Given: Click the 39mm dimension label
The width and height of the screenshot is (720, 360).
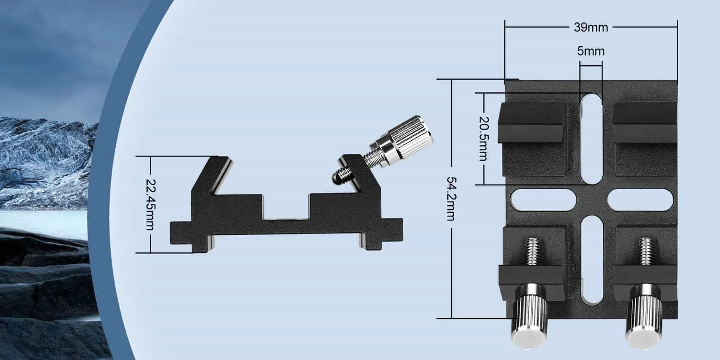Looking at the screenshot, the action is (591, 27).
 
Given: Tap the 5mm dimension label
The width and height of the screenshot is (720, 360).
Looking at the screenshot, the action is (591, 51).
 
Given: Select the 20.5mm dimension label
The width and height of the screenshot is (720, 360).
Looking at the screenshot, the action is (484, 139).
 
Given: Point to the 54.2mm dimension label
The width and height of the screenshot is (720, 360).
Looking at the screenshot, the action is (451, 198).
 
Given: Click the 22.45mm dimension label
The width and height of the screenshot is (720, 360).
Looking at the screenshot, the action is (150, 205).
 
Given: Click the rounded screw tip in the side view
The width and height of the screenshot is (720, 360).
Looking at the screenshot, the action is (336, 177).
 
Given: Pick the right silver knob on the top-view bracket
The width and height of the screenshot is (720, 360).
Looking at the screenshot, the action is (644, 316).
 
